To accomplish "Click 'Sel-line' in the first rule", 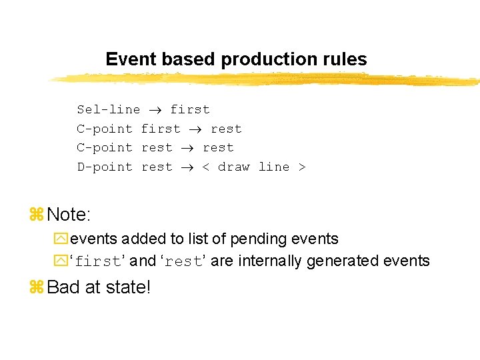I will (x=108, y=109).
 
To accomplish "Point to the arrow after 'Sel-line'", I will (x=155, y=110).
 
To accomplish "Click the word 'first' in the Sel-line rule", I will (x=190, y=109).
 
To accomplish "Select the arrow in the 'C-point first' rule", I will (x=196, y=129).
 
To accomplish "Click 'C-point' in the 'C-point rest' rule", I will (x=105, y=147).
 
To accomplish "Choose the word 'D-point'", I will (x=105, y=167).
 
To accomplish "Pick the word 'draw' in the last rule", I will (x=233, y=167).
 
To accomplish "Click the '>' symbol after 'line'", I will (x=301, y=167).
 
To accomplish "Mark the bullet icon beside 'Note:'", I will (x=37, y=215).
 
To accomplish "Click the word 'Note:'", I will (x=69, y=215).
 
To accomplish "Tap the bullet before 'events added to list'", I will (x=61, y=239).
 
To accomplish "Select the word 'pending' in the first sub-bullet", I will (x=267, y=239).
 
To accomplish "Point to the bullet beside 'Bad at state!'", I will (x=37, y=288).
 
